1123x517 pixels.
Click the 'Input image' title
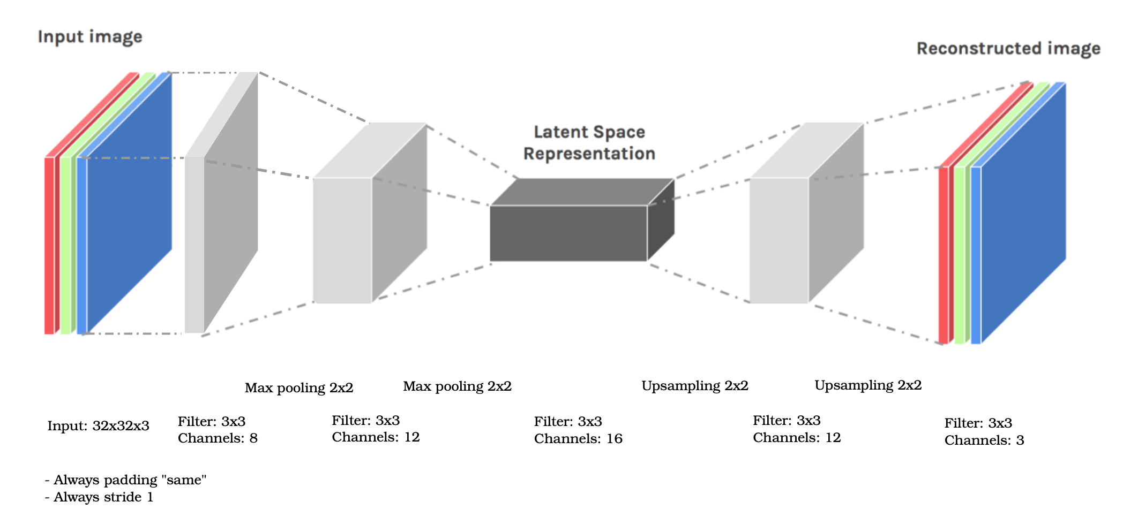point(90,37)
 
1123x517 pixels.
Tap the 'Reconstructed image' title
point(1008,49)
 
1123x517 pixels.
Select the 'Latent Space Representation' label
point(589,143)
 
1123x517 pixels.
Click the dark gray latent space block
point(568,233)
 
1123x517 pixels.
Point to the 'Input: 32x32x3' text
point(98,426)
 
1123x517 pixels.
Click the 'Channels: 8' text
point(218,438)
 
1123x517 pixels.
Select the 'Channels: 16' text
point(578,439)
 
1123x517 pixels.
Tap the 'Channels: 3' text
point(984,440)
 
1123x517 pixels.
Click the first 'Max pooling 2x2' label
point(299,388)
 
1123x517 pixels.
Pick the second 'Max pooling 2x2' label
point(457,386)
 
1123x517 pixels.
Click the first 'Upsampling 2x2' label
point(694,386)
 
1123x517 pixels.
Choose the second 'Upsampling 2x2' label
point(867,385)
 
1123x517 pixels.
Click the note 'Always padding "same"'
point(126,480)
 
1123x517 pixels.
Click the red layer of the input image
point(49,246)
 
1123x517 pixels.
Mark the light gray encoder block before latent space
point(342,240)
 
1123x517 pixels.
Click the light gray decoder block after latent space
point(778,240)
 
